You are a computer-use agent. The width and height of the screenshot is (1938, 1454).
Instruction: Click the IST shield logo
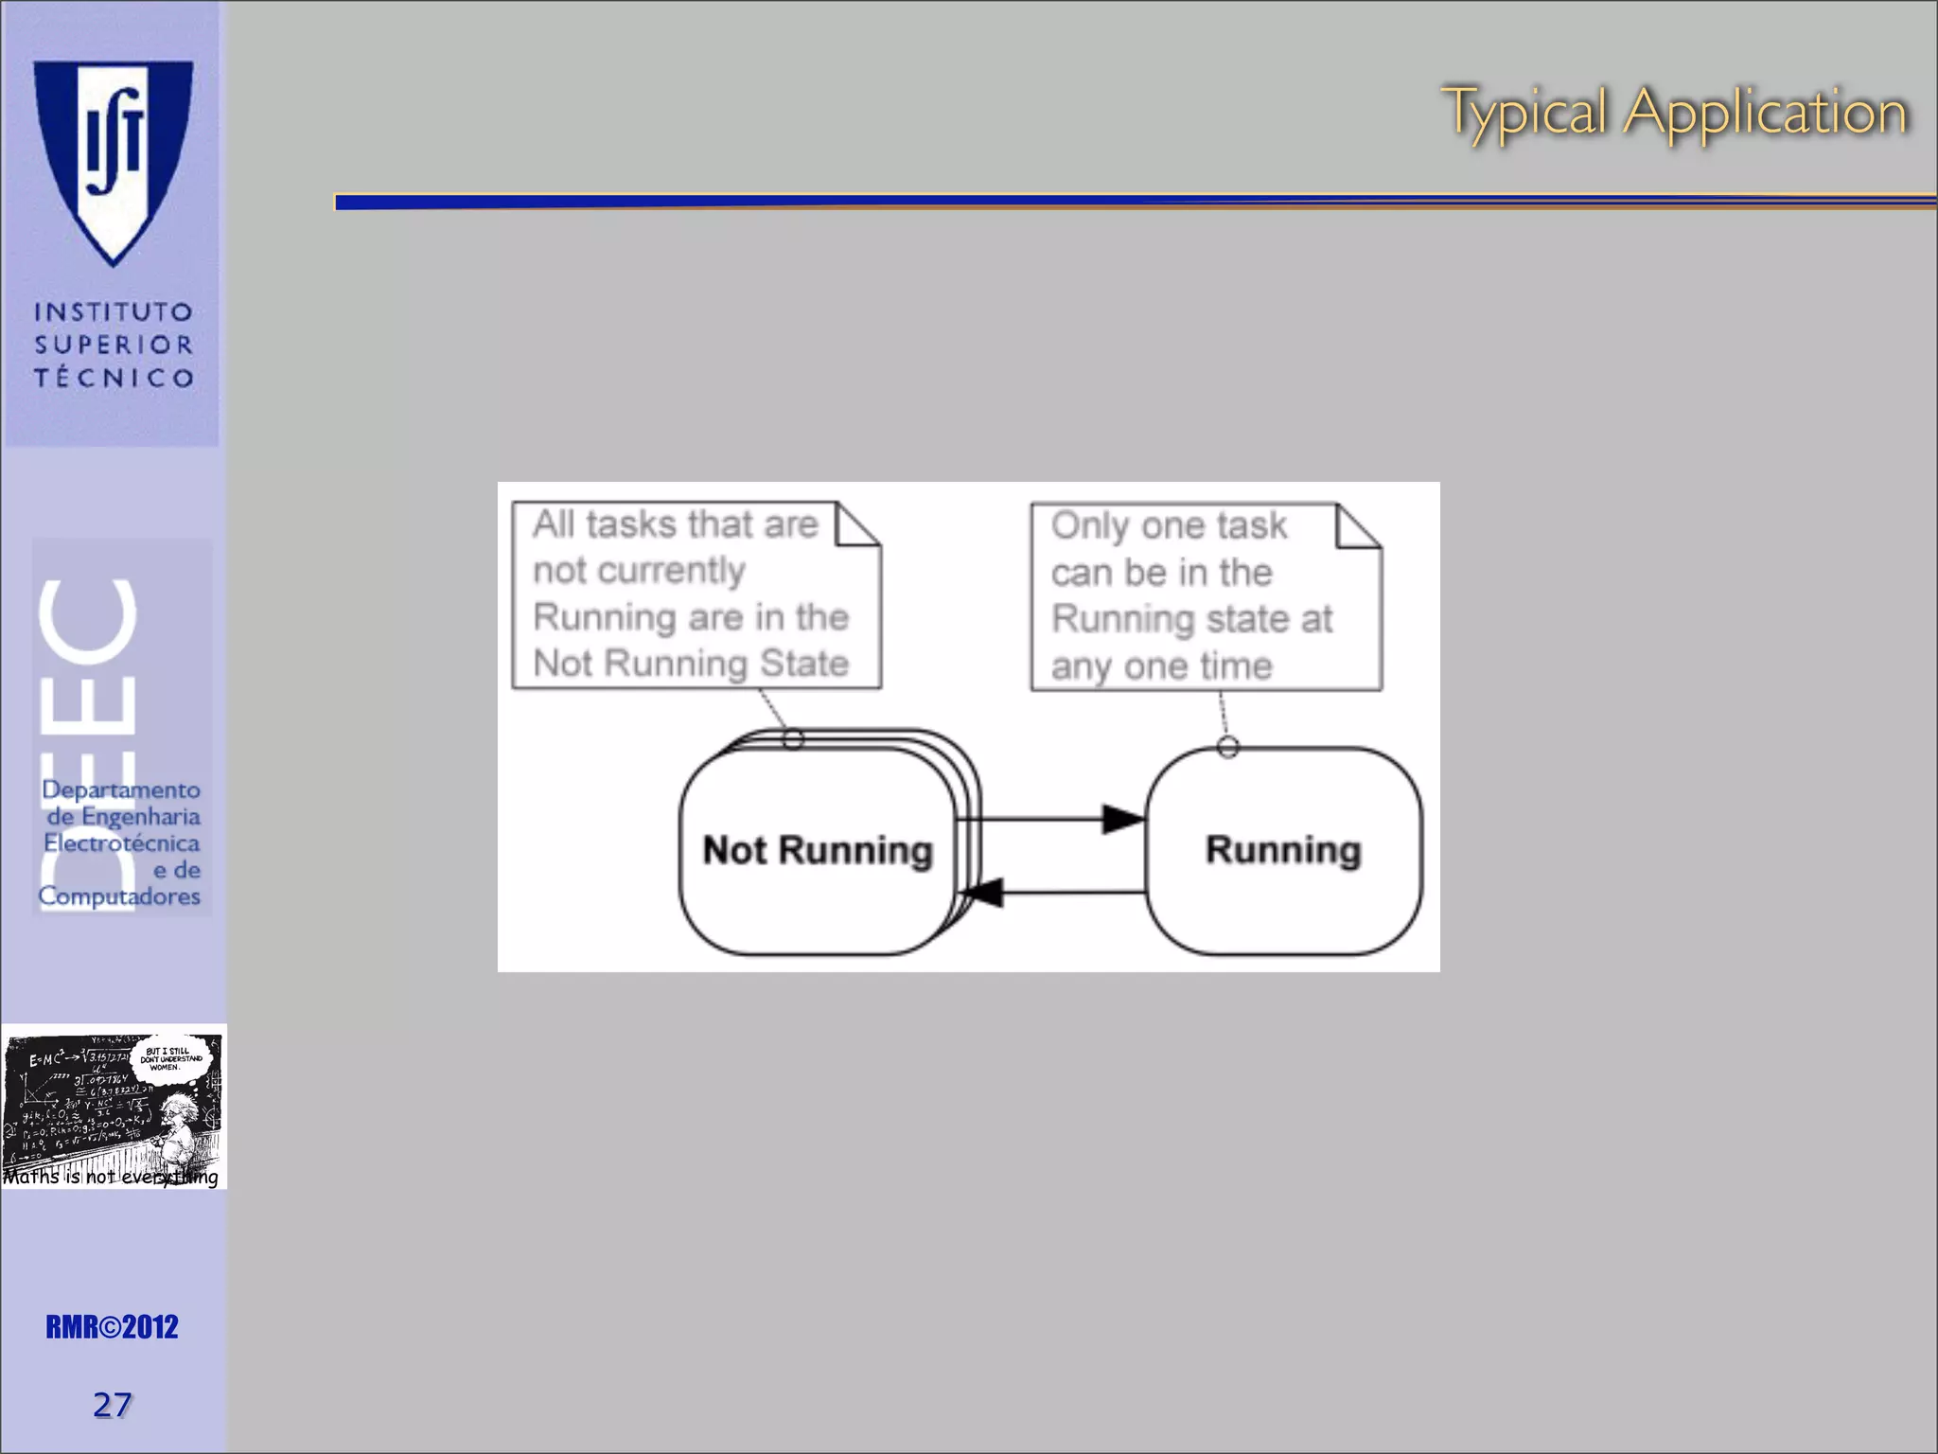point(114,156)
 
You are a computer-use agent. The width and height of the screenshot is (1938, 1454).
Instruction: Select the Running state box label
point(1283,850)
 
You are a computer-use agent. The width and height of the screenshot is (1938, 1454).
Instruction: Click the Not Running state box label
point(818,850)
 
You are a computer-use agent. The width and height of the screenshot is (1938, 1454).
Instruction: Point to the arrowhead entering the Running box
point(1124,819)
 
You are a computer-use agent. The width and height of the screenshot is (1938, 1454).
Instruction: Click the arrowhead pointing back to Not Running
point(982,892)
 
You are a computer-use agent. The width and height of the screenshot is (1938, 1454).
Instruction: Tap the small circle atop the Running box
point(1227,747)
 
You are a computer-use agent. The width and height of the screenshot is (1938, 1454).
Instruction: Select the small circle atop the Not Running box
point(793,739)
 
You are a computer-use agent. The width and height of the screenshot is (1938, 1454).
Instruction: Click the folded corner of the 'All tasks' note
point(858,523)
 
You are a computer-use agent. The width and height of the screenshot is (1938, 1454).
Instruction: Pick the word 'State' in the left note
point(804,663)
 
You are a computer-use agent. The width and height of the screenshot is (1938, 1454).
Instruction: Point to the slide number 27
point(112,1405)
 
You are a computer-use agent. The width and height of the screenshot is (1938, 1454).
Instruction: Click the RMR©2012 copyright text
point(112,1327)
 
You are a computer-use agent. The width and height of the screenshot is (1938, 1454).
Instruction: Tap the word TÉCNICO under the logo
point(114,378)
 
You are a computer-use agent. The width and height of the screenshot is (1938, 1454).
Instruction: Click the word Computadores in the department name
point(119,895)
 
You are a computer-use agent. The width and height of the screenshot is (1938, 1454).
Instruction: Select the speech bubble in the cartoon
point(170,1057)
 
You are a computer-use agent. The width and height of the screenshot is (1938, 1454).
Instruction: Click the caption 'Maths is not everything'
point(111,1177)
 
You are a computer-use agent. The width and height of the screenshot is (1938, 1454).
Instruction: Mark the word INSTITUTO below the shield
point(114,311)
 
